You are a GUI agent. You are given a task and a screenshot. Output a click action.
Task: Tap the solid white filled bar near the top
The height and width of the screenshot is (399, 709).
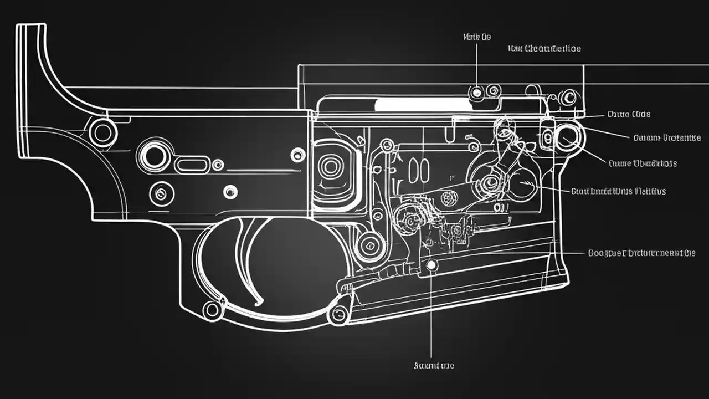421,104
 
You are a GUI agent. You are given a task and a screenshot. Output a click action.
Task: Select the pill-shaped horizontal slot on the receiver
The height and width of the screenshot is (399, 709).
192,164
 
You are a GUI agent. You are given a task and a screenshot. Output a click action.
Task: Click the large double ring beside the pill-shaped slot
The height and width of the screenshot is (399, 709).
155,156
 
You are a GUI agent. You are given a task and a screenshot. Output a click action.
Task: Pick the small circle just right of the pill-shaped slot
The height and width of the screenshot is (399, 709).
218,165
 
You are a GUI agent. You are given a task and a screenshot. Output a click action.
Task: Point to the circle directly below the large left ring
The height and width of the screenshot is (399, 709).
160,193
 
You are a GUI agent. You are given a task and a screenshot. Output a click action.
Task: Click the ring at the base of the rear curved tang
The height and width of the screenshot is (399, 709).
102,132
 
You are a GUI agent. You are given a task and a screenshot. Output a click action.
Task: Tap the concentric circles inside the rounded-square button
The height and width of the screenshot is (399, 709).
331,166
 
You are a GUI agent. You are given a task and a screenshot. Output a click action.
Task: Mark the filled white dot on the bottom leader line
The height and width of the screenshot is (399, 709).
431,266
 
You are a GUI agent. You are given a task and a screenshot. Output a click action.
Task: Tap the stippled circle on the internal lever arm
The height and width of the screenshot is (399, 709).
448,197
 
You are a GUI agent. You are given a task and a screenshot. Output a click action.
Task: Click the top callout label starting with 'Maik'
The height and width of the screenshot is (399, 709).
476,37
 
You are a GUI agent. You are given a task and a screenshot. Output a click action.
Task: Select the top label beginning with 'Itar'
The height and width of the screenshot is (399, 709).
544,49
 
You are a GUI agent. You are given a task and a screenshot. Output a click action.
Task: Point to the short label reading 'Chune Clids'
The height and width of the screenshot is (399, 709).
628,115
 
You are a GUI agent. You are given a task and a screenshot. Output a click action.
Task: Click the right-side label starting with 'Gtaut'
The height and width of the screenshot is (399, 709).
618,191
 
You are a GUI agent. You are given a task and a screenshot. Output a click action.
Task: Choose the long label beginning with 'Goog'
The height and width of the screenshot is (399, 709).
641,253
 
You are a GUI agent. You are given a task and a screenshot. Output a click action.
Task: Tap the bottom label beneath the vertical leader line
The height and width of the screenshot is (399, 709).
434,366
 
